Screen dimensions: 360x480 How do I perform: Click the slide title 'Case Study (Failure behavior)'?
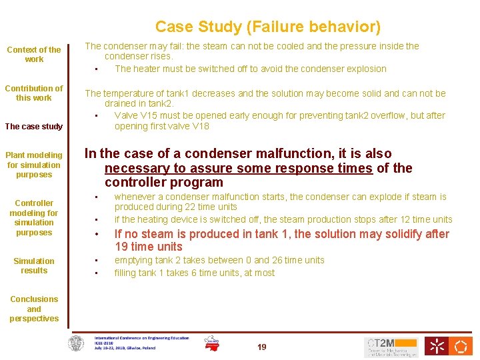268,27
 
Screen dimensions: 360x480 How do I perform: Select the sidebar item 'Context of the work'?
34,55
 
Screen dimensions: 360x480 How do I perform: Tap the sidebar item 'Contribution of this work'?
34,93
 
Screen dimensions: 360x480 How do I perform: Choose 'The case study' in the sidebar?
34,127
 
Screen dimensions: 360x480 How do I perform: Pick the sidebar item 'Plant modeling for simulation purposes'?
34,165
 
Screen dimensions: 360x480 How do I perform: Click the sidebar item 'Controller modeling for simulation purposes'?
34,218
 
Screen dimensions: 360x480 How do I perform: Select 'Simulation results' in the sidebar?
34,266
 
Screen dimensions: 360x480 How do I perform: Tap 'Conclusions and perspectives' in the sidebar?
34,309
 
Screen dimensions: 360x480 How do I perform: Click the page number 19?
261,347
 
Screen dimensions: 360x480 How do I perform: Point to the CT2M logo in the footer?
391,346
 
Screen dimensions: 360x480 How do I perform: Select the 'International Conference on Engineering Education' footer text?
141,338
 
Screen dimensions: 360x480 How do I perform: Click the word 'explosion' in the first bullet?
365,69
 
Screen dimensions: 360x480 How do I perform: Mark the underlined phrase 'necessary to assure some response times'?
238,168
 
